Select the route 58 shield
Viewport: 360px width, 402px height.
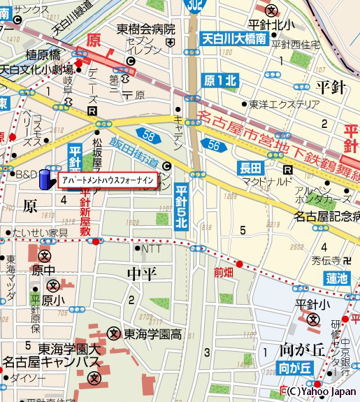145,134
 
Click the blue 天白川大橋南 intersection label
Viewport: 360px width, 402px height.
233,39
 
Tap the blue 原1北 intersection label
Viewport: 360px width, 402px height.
220,80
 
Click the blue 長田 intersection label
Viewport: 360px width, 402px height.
251,168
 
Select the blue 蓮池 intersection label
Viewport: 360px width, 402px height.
336,278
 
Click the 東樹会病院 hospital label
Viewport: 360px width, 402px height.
145,29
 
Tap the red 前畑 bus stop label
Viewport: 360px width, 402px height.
224,273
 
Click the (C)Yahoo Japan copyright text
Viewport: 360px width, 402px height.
321,392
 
